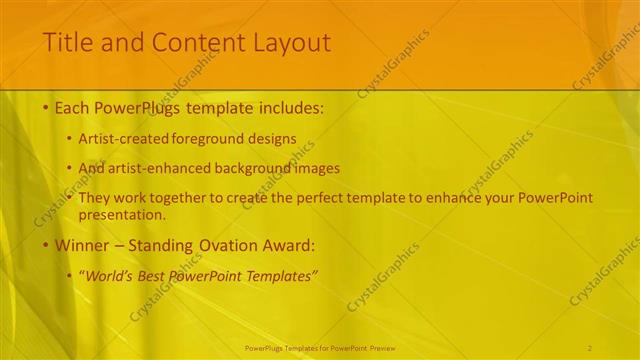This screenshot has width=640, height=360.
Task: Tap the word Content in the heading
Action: coord(185,43)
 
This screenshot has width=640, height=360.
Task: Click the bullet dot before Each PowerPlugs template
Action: coord(46,107)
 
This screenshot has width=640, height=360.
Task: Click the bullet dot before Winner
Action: coord(46,244)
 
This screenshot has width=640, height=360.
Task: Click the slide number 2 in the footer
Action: coord(590,348)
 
